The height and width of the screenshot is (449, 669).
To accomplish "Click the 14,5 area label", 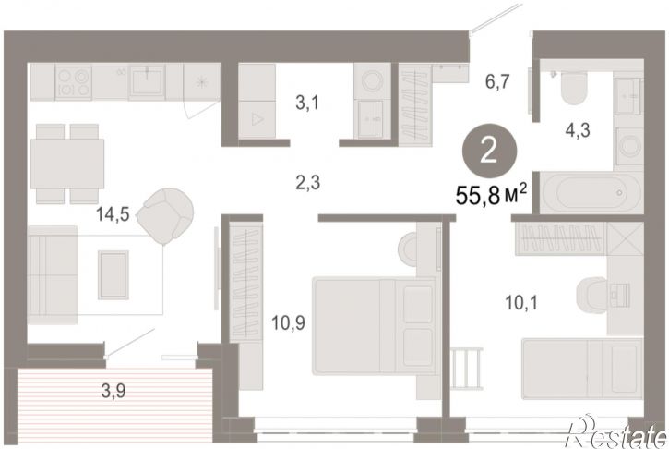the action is [113, 214].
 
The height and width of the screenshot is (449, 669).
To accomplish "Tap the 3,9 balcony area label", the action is [113, 391].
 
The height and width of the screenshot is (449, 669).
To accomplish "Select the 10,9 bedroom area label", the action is [288, 323].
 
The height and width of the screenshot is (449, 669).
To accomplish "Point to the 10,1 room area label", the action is [521, 303].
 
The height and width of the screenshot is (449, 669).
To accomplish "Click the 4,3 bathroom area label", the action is [578, 130].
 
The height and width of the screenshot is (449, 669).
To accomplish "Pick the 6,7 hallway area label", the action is [497, 80].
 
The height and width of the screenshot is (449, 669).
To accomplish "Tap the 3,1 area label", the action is [307, 103].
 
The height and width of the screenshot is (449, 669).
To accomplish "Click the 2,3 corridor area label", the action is [307, 183].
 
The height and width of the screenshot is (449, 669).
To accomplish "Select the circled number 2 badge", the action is [489, 151].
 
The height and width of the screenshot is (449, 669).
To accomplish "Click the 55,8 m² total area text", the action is [491, 197].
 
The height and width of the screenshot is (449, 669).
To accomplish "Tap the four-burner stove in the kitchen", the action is [74, 82].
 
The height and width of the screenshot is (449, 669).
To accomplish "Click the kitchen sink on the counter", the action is [148, 81].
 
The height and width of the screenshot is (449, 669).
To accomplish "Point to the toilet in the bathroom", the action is [574, 88].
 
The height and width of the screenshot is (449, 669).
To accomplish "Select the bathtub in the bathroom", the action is [591, 192].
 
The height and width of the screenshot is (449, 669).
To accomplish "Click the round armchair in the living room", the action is [166, 215].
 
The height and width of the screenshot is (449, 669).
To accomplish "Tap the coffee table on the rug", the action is [113, 274].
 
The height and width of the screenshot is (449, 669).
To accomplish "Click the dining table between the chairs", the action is [67, 164].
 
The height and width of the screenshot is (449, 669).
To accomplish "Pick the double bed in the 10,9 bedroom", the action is [375, 325].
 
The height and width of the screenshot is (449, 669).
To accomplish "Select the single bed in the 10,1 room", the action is [582, 369].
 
